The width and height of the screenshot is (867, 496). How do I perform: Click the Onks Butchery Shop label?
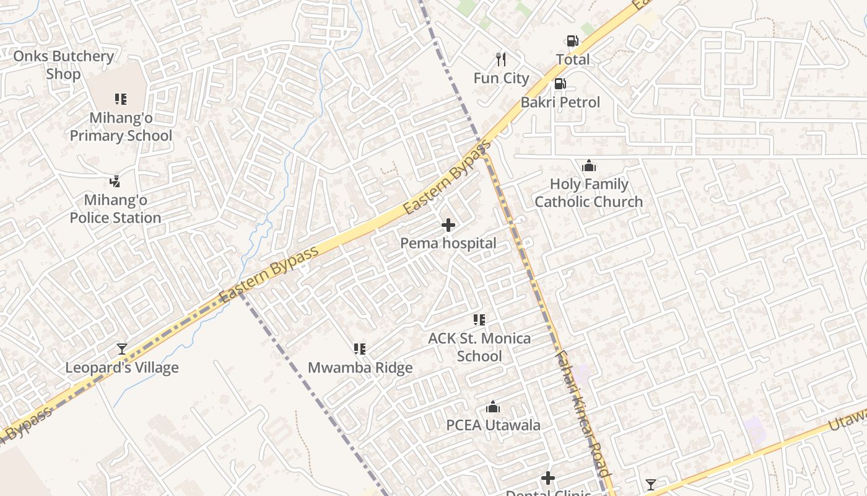click(63, 65)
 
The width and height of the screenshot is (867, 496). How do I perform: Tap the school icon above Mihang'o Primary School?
click(121, 99)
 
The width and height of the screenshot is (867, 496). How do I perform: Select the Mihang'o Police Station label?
click(115, 209)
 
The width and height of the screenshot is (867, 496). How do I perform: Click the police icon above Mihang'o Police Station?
click(115, 181)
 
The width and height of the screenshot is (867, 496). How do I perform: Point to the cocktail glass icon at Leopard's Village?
click(122, 349)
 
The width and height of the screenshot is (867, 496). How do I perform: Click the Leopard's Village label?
click(122, 368)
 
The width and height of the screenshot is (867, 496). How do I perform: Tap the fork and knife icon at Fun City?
click(501, 60)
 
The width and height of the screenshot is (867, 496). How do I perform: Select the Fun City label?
click(501, 78)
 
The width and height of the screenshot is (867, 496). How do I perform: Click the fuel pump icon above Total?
click(572, 41)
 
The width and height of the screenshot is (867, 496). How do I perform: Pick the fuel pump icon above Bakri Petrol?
click(560, 84)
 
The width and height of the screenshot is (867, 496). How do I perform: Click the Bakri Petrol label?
click(560, 102)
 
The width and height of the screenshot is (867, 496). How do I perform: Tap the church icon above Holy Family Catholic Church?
click(588, 166)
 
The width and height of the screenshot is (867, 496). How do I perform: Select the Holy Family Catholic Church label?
click(588, 193)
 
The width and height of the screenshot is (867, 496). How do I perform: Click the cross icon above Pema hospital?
click(448, 225)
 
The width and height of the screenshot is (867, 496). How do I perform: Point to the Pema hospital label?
click(448, 244)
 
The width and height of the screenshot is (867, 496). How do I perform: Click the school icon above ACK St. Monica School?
click(479, 320)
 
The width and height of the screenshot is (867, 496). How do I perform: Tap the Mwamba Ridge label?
click(360, 368)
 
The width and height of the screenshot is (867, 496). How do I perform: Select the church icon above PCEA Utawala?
click(493, 407)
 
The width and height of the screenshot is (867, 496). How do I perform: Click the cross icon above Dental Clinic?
click(548, 478)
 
